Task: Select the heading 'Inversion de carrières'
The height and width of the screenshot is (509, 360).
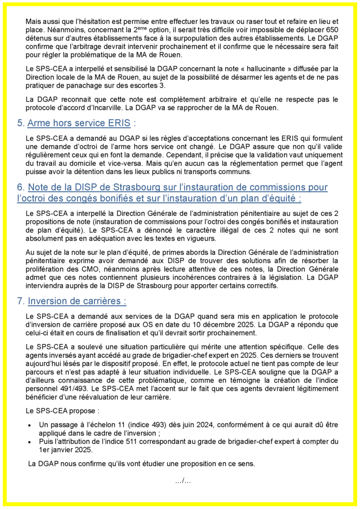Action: pyautogui.click(x=77, y=301)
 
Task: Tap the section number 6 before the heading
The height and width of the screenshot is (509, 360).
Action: pyautogui.click(x=20, y=187)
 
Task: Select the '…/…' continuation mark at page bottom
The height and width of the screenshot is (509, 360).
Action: pyautogui.click(x=183, y=481)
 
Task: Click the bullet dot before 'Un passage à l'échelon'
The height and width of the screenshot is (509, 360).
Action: pyautogui.click(x=30, y=425)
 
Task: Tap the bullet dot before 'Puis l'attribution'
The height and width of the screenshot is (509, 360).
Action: pyautogui.click(x=30, y=442)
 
